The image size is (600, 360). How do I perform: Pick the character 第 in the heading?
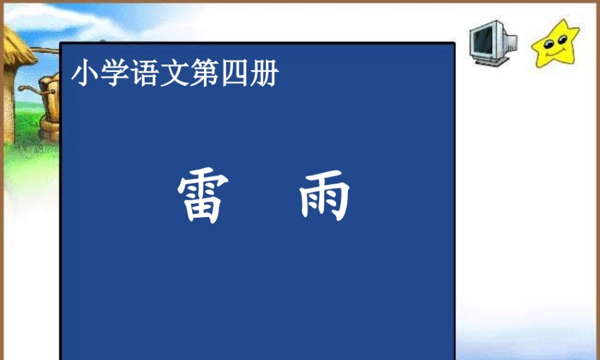(204, 74)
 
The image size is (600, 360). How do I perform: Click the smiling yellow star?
(556, 44)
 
